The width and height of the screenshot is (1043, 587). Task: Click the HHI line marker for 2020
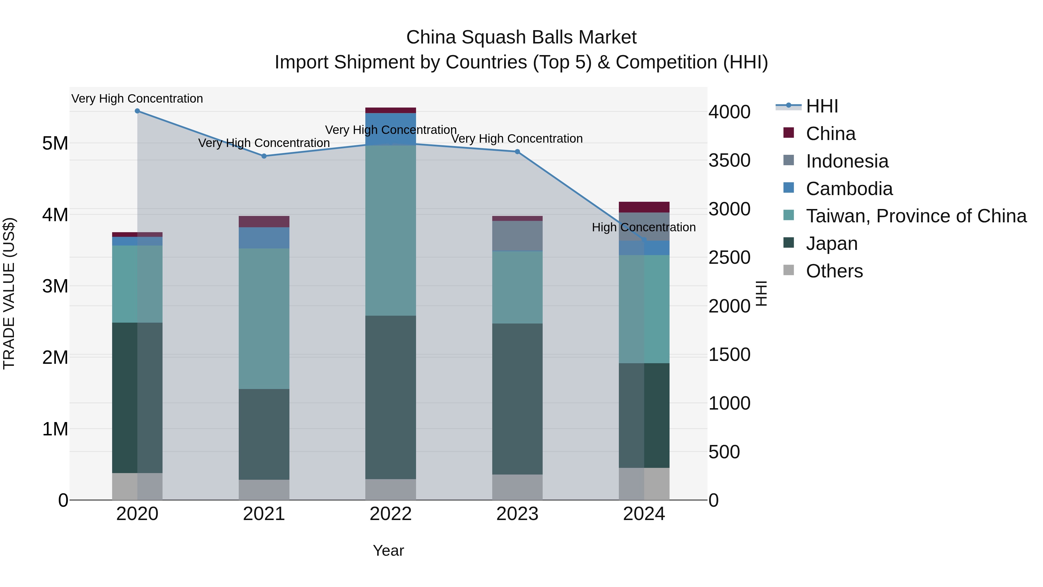[x=137, y=111]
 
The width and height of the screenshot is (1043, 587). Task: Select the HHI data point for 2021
[x=264, y=156]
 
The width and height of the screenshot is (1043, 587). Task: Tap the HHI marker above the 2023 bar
[x=517, y=152]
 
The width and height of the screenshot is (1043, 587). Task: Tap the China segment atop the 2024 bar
[x=644, y=207]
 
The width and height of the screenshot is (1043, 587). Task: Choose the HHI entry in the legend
[x=822, y=106]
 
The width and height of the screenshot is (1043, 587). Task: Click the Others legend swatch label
[x=834, y=271]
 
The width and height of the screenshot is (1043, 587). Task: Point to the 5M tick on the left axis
[x=55, y=143]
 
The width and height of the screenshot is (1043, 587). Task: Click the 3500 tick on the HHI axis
[x=729, y=160]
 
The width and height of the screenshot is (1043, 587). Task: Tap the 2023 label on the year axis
[x=517, y=514]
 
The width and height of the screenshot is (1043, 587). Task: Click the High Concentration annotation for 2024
[x=643, y=227]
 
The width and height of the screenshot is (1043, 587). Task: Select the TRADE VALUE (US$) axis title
[x=9, y=293]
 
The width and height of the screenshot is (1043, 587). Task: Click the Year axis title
[x=388, y=550]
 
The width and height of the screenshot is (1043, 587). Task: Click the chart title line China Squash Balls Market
[x=521, y=37]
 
